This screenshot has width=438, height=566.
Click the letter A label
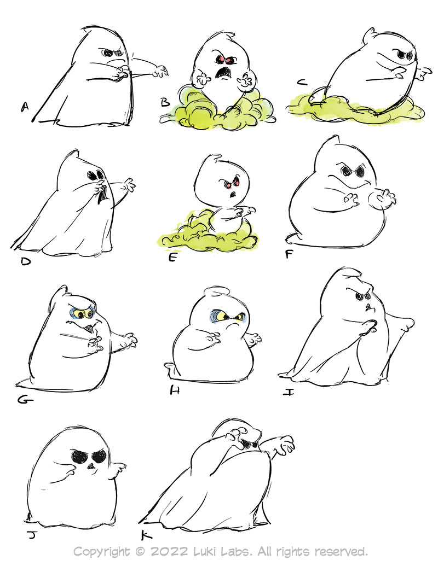[x=25, y=107]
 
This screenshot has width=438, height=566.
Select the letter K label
[x=146, y=535]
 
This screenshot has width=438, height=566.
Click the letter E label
[x=173, y=258]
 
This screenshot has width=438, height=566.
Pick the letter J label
[x=32, y=535]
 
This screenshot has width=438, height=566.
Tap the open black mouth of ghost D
[x=103, y=194]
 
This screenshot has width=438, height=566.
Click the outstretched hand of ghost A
[x=160, y=71]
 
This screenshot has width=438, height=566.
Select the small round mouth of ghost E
[x=233, y=194]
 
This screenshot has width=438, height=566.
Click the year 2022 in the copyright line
[x=169, y=552]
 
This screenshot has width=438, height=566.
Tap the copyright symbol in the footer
[x=140, y=552]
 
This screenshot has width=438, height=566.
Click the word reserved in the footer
[x=341, y=552]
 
